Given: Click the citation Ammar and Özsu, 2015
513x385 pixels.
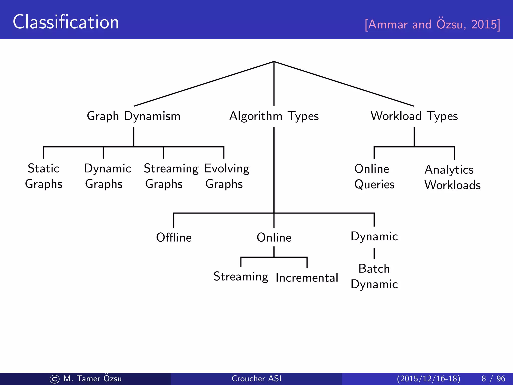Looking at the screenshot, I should (x=432, y=24).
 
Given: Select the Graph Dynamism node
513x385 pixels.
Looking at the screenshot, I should (x=134, y=116).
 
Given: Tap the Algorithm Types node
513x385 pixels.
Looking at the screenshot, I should (x=274, y=116).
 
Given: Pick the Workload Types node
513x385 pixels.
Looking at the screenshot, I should (x=414, y=116).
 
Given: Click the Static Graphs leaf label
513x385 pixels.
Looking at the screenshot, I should (x=44, y=176).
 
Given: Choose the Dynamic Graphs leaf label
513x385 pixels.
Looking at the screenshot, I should (x=107, y=176).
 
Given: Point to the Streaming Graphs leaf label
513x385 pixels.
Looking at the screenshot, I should (x=171, y=176).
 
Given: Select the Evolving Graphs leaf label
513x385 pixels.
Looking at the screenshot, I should (x=227, y=176).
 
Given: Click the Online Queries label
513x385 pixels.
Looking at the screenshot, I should (x=374, y=177).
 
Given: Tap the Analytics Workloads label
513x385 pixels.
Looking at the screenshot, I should (x=452, y=177).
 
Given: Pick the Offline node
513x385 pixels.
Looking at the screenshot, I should (x=174, y=237).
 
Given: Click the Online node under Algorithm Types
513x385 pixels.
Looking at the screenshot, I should (x=274, y=237).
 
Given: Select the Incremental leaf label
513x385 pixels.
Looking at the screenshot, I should (x=307, y=278).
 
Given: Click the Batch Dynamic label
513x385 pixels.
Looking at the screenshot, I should (x=374, y=276).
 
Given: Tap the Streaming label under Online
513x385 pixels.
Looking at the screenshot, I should (x=241, y=277).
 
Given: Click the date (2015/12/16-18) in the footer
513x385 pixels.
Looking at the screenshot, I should (x=428, y=378).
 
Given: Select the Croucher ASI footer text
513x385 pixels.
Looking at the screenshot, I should (x=256, y=378).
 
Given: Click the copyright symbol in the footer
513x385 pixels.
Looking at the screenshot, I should (x=55, y=379).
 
